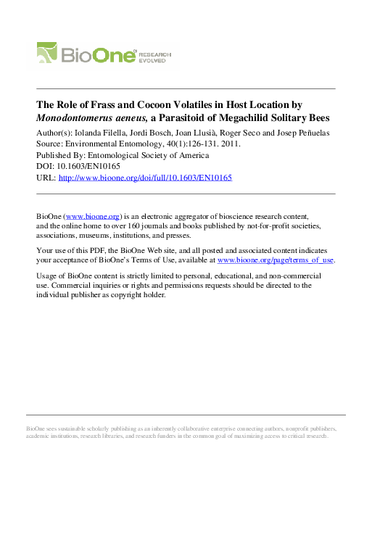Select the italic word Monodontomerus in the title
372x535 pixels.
point(79,117)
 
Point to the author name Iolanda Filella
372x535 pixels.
point(91,133)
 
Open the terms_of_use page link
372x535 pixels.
point(276,259)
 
